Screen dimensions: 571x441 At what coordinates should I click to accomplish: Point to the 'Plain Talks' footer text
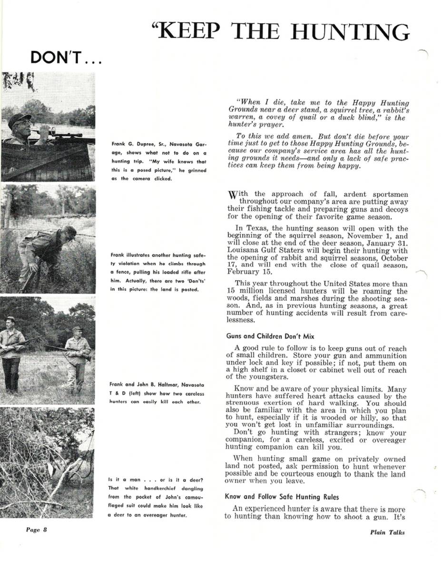387,532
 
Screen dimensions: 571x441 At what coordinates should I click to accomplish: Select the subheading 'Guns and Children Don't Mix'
270,336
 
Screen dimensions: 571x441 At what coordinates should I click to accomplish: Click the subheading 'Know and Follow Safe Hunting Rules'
283,497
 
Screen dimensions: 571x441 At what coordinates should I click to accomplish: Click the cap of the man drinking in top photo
20,118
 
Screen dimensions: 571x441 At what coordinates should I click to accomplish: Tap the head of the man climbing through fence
68,233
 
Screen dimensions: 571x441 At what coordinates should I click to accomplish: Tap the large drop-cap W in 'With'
233,195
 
